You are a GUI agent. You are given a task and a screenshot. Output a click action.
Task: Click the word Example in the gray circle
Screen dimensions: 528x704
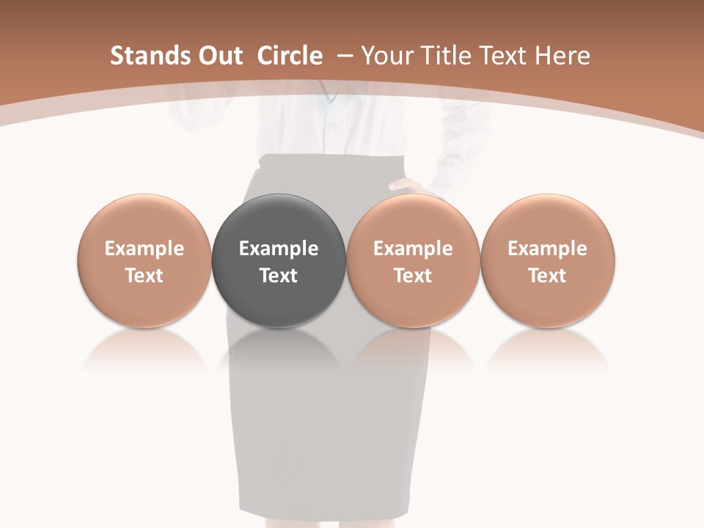(279, 249)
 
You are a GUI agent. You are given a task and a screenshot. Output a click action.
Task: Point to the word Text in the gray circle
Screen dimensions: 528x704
(279, 276)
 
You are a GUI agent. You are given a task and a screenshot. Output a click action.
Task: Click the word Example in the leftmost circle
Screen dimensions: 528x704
(144, 249)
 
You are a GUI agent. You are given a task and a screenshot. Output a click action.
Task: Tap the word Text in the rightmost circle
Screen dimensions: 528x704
(548, 276)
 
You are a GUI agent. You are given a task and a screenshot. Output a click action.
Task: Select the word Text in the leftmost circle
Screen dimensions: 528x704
(144, 276)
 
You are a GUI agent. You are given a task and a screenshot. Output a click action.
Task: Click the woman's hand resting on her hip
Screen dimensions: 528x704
(408, 186)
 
